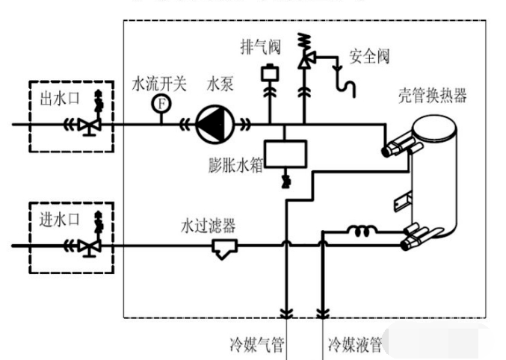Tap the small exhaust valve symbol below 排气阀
[x=267, y=75]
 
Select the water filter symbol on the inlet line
[x=223, y=247]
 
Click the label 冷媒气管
[x=256, y=345]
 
